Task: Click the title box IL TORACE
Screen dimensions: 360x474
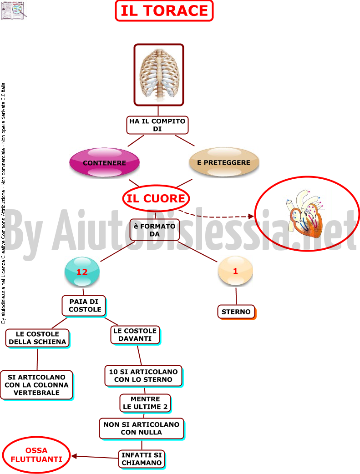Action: tap(164, 11)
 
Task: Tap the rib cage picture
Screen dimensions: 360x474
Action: tap(159, 75)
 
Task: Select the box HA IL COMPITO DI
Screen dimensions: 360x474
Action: tap(157, 125)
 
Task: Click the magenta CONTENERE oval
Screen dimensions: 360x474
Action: tap(104, 163)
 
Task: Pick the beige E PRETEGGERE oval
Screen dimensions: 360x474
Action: tap(224, 162)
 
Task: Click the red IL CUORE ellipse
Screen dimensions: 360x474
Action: tap(156, 198)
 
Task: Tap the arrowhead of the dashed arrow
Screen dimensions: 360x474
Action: tap(251, 216)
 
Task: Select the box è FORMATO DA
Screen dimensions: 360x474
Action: tap(155, 230)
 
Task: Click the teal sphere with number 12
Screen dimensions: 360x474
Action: tap(82, 272)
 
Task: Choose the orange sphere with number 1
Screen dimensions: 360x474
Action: tap(235, 271)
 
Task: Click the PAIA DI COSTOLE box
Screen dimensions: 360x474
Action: tap(84, 306)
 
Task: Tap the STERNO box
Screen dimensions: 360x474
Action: tap(237, 312)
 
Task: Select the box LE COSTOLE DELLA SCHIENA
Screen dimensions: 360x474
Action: tap(37, 338)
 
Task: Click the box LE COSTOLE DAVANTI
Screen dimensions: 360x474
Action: tap(135, 335)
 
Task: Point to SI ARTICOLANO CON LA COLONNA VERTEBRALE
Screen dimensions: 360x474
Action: tap(37, 385)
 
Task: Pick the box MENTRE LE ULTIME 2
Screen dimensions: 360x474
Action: tap(146, 403)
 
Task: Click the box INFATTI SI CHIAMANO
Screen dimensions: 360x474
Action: tap(142, 459)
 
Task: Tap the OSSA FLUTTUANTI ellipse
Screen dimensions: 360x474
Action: tap(36, 455)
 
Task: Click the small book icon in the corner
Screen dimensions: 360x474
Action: tap(13, 10)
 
